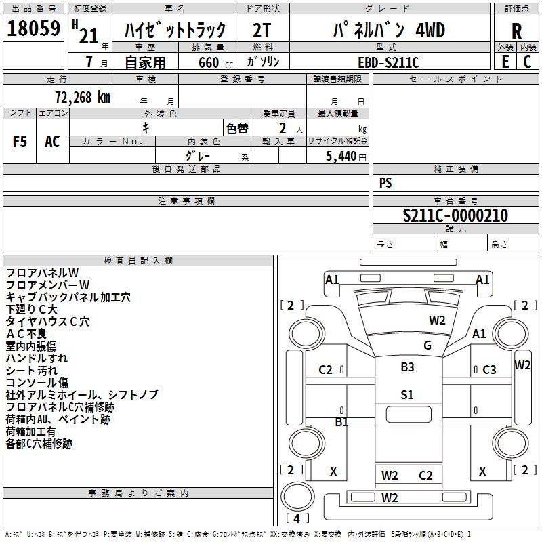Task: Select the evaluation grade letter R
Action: [516, 31]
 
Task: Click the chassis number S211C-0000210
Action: [455, 215]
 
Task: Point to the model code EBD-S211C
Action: [388, 62]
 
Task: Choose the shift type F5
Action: [20, 141]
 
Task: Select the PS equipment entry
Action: [385, 182]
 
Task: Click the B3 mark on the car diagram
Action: [407, 367]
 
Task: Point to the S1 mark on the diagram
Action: [406, 394]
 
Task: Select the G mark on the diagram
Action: [427, 345]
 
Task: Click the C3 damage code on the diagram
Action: [488, 369]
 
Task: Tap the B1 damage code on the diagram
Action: [342, 421]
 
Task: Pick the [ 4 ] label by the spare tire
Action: [297, 518]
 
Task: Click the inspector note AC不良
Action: [26, 334]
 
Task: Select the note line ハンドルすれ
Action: [37, 358]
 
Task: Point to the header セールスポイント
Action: [457, 79]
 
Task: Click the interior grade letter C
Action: [527, 62]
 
